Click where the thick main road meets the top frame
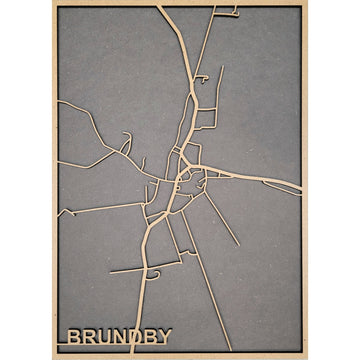click(x=160, y=7)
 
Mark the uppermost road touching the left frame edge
click(x=59, y=104)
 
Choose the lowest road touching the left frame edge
click(x=59, y=212)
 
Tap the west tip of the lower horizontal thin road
click(x=110, y=271)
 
